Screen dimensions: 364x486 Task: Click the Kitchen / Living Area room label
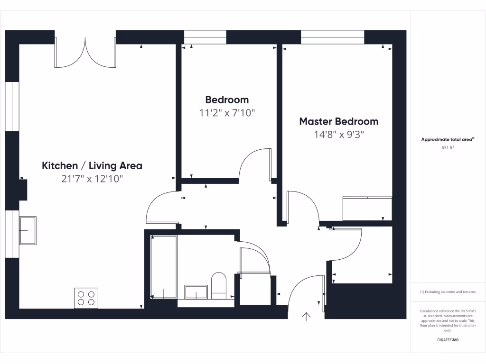92,166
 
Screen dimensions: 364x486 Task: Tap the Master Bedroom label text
338,121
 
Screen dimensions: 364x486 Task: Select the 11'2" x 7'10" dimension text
227,113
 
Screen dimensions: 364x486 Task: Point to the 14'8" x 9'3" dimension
338,134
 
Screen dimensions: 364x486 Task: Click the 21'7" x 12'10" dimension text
92,179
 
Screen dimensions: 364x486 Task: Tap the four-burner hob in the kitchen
86,298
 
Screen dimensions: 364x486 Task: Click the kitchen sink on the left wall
28,230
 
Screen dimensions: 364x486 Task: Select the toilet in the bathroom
219,285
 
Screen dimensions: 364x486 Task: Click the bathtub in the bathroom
164,267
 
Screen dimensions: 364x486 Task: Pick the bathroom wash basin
196,292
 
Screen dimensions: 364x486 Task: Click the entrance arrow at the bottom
306,317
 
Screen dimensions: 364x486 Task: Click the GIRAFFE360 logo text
448,340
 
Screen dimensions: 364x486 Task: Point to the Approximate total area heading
448,139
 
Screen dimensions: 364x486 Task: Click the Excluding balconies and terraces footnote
448,292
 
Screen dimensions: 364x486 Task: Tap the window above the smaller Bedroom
205,37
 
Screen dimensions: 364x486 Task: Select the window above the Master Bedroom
332,37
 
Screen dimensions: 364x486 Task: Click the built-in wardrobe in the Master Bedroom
367,209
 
